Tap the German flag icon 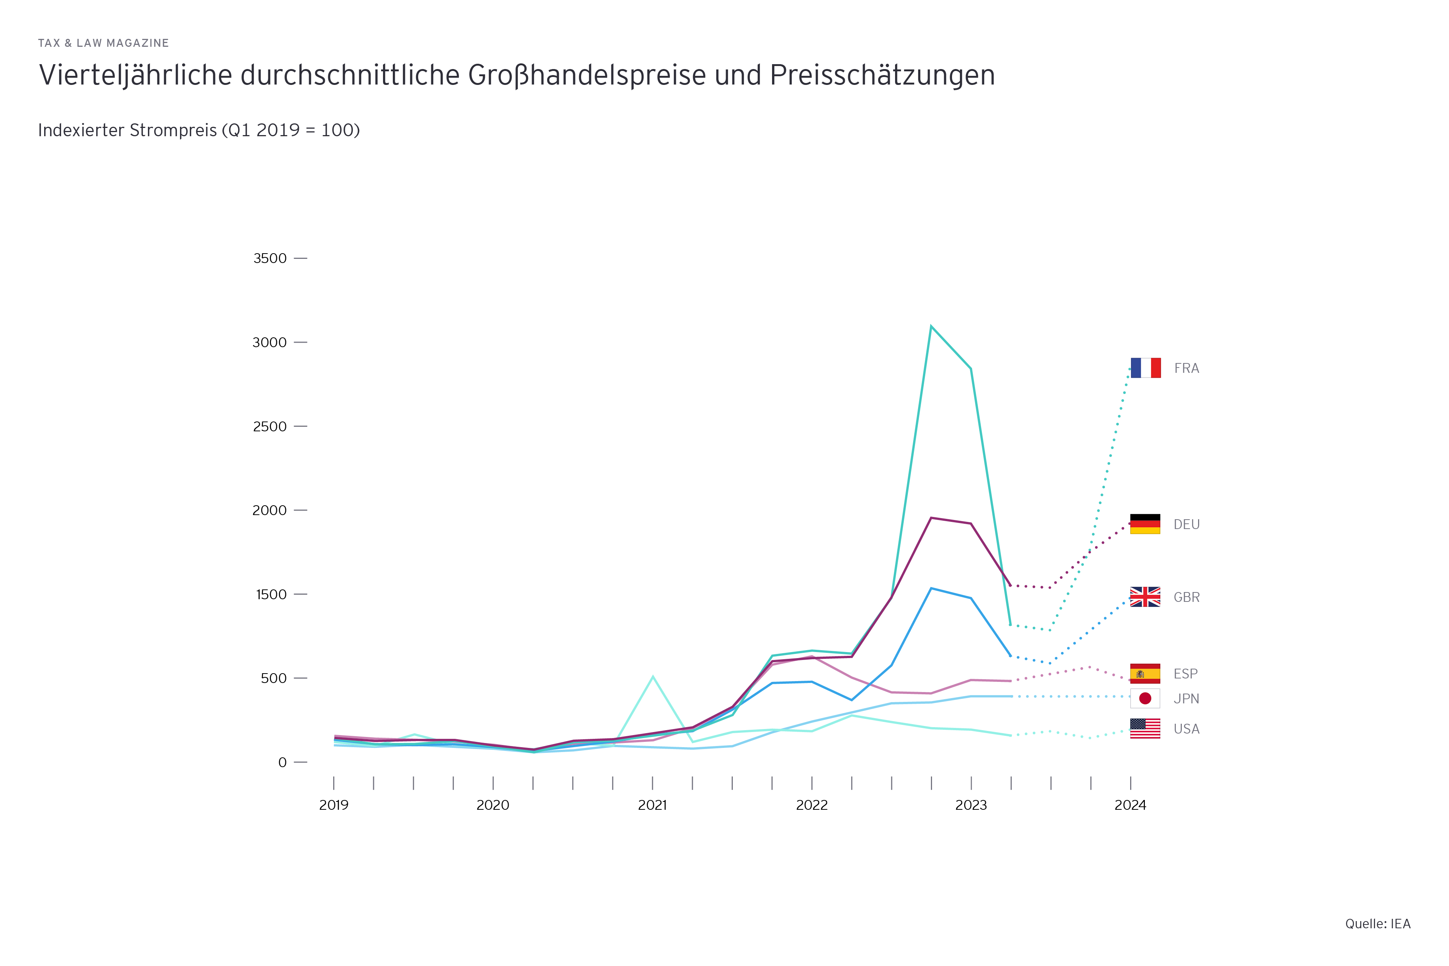(x=1145, y=524)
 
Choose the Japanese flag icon (x=1145, y=698)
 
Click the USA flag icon (x=1145, y=728)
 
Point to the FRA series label (x=1186, y=368)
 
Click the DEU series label (x=1186, y=524)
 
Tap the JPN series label (x=1186, y=698)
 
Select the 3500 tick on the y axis (x=270, y=258)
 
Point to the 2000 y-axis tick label (x=270, y=510)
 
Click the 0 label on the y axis (x=282, y=763)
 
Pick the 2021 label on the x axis (x=652, y=805)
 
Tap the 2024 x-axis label (x=1131, y=805)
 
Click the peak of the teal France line (x=931, y=326)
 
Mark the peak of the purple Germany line (x=931, y=518)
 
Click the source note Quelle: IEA (x=1378, y=923)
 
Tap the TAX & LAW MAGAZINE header (x=103, y=43)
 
